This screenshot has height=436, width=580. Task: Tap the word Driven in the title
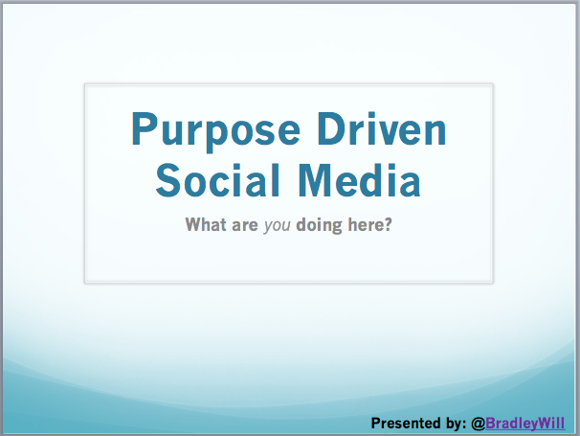click(382, 128)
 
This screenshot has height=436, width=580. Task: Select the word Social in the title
click(217, 180)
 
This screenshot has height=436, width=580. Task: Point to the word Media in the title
click(359, 180)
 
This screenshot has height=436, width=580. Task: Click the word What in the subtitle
click(206, 224)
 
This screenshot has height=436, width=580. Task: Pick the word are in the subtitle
click(245, 225)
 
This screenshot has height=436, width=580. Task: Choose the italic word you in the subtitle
click(277, 226)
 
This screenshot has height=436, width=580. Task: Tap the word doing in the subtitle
click(320, 225)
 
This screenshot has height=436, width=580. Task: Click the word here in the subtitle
click(366, 224)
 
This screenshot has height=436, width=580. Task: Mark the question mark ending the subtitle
click(388, 224)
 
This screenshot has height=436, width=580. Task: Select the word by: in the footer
click(455, 424)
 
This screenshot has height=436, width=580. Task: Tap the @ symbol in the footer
click(478, 424)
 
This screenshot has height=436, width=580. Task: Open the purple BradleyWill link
click(525, 424)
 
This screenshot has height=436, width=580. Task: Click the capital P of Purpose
click(142, 128)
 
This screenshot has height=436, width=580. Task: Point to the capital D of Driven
click(329, 128)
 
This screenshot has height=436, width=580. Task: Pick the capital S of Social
click(167, 180)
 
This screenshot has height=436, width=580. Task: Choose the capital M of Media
click(313, 180)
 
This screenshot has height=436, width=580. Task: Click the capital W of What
click(194, 224)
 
